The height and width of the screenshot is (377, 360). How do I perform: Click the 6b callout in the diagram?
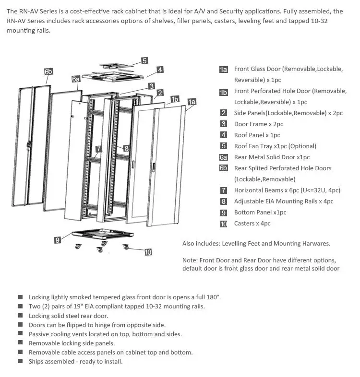(48, 71)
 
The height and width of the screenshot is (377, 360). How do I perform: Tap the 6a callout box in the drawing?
(76, 79)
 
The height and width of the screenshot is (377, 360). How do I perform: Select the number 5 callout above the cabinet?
(144, 61)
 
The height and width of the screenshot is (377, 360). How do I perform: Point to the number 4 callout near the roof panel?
(160, 70)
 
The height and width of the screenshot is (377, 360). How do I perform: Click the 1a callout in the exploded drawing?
(192, 102)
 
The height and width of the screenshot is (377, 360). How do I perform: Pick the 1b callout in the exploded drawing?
(175, 99)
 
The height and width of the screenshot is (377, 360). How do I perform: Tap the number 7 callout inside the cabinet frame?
(98, 149)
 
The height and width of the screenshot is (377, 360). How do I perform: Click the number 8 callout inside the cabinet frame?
(127, 149)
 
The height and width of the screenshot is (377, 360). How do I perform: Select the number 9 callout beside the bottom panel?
(58, 240)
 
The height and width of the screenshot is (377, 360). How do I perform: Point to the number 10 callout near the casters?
(148, 252)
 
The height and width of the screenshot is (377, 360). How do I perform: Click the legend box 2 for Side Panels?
(224, 113)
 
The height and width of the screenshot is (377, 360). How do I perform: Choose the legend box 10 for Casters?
(224, 224)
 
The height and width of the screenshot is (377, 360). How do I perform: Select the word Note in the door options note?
(190, 260)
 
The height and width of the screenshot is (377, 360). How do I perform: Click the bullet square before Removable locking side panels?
(20, 343)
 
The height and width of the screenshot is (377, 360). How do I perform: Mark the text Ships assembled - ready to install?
(75, 361)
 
